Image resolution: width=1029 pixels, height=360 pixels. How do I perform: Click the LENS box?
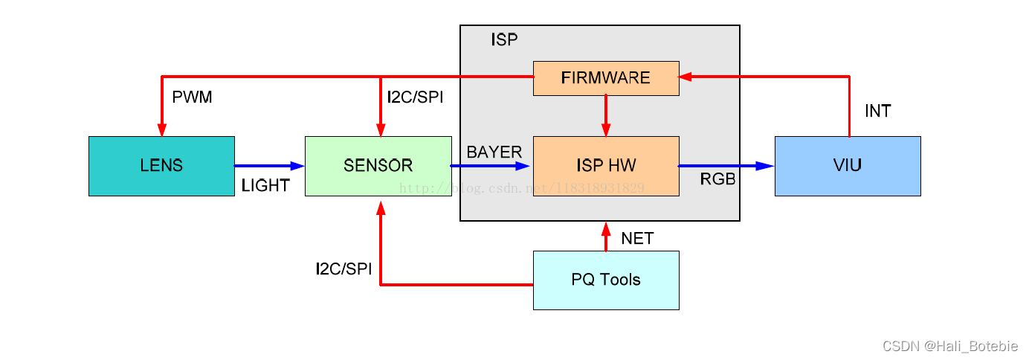click(x=161, y=166)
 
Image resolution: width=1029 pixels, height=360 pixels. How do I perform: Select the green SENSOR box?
click(x=378, y=166)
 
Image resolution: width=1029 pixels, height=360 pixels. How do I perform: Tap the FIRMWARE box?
click(x=606, y=78)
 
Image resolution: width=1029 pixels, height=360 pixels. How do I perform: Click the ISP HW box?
click(x=606, y=166)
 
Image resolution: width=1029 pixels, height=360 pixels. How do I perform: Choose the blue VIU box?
click(x=848, y=166)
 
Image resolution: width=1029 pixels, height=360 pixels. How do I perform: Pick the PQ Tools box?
click(x=606, y=280)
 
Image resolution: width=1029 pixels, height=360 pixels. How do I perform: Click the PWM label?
click(x=192, y=97)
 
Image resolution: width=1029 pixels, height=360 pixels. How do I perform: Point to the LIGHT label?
click(x=265, y=186)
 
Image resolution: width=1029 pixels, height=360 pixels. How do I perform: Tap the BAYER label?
click(x=494, y=152)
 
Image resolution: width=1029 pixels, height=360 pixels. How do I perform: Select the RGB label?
click(x=717, y=179)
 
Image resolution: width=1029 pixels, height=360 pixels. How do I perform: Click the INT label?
click(x=877, y=112)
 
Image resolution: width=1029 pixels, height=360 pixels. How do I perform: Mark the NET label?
click(x=637, y=239)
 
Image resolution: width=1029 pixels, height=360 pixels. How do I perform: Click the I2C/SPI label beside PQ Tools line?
click(x=343, y=269)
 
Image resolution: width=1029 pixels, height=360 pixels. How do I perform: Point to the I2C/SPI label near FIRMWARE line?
click(x=415, y=97)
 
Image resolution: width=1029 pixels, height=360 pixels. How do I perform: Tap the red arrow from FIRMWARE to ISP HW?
click(x=606, y=115)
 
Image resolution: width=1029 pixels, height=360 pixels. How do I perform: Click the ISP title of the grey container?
click(x=504, y=40)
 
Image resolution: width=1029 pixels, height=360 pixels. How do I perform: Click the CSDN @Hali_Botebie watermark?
click(x=951, y=346)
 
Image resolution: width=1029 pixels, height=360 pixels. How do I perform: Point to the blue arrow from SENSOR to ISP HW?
click(x=491, y=166)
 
